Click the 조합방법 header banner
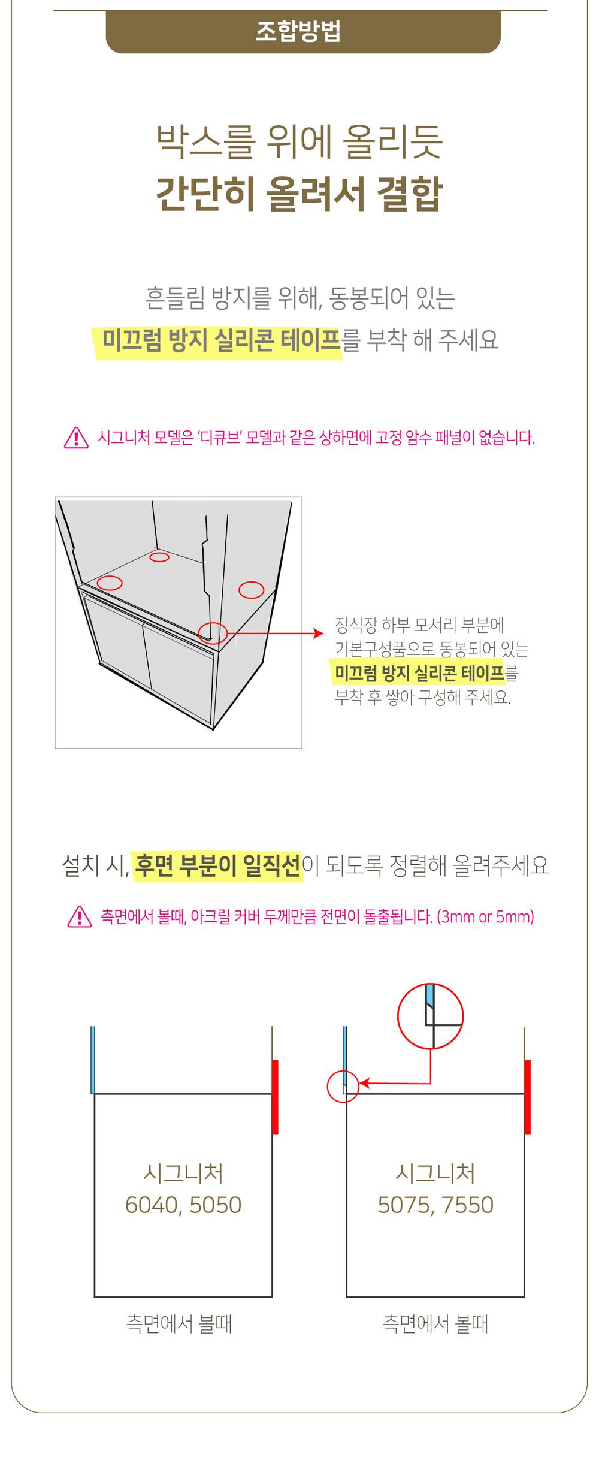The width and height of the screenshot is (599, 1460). click(303, 32)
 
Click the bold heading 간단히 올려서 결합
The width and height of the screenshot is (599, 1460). click(299, 194)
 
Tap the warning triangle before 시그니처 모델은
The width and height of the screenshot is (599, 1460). click(76, 438)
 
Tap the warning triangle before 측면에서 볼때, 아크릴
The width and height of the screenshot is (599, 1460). click(80, 916)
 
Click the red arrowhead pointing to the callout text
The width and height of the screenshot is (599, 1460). click(319, 633)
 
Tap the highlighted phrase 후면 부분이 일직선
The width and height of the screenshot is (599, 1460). click(218, 865)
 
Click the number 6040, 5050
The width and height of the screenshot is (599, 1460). click(183, 1205)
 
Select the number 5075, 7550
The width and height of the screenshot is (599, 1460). click(435, 1205)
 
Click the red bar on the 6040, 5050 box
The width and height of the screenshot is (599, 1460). click(275, 1097)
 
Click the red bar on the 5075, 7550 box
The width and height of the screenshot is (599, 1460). click(527, 1097)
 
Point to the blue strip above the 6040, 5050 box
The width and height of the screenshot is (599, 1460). click(93, 1060)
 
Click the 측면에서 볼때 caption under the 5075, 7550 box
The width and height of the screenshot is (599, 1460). click(435, 1323)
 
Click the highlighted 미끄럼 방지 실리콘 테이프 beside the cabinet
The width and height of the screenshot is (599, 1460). click(419, 673)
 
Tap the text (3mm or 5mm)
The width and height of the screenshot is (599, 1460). click(485, 916)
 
